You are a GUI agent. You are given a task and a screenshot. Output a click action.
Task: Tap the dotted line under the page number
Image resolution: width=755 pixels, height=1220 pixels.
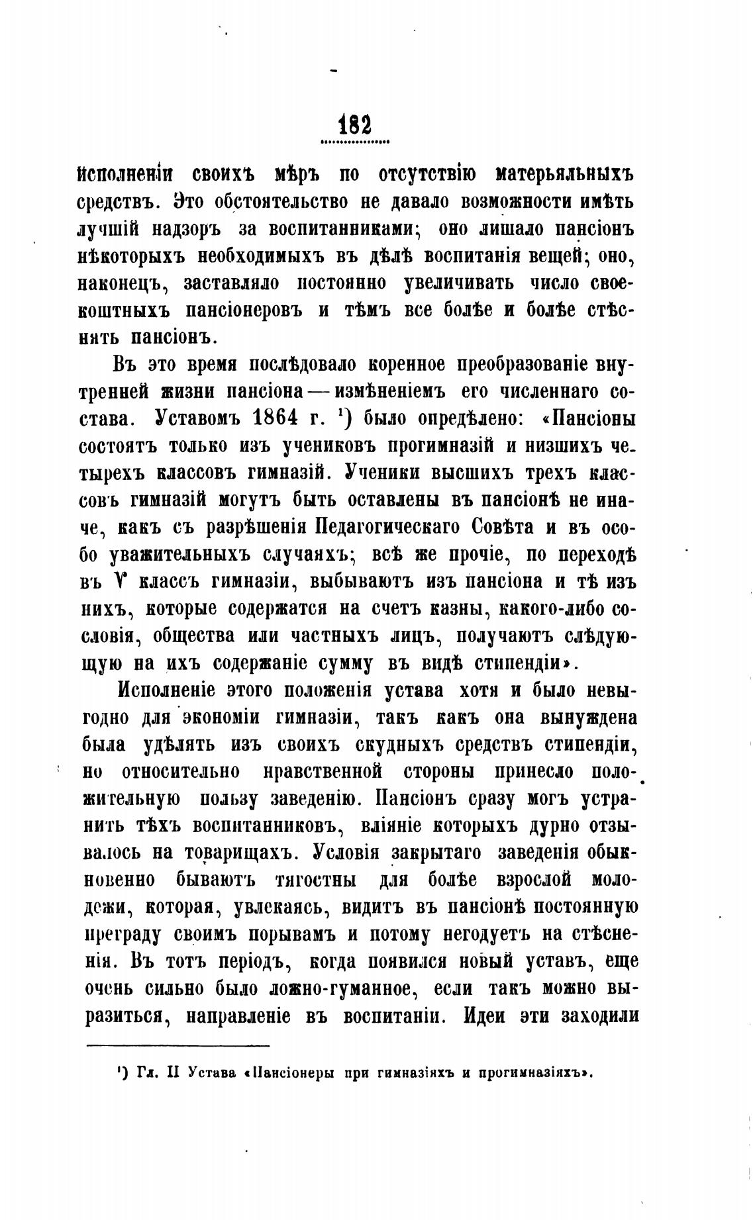(354, 141)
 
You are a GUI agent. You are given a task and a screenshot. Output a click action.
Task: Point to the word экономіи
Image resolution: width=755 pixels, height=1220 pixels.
(223, 718)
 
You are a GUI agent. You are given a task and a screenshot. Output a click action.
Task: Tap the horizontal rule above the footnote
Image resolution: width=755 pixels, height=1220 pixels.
(178, 1046)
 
